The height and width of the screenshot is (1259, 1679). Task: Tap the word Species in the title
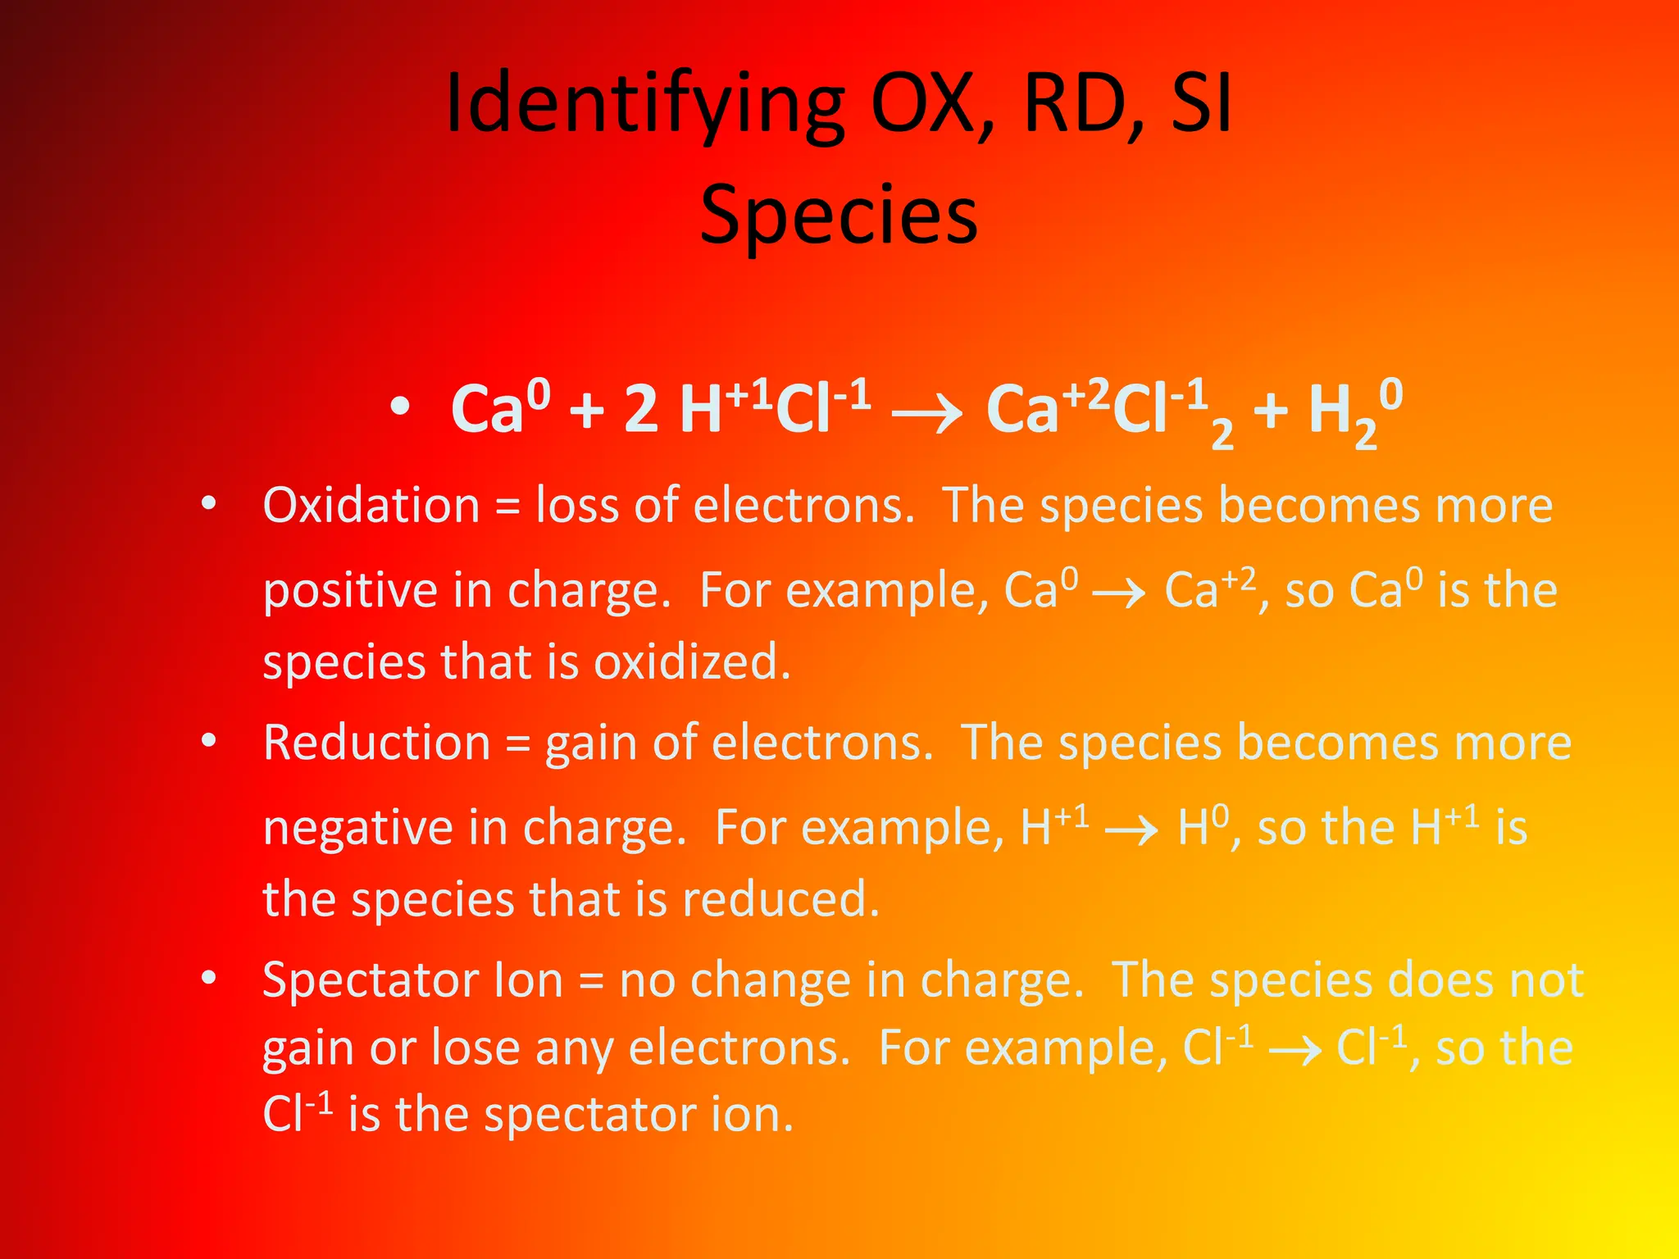click(x=839, y=215)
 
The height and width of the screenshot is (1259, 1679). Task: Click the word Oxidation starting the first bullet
click(x=371, y=505)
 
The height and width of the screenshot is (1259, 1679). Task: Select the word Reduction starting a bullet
click(x=376, y=743)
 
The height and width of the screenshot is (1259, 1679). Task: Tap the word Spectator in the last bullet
click(x=371, y=979)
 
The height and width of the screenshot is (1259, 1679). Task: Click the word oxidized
click(x=692, y=661)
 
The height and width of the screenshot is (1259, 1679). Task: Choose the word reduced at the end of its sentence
click(x=780, y=899)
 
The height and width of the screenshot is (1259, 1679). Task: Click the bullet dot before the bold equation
click(x=399, y=407)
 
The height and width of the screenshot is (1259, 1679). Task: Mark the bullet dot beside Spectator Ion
click(x=209, y=977)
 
